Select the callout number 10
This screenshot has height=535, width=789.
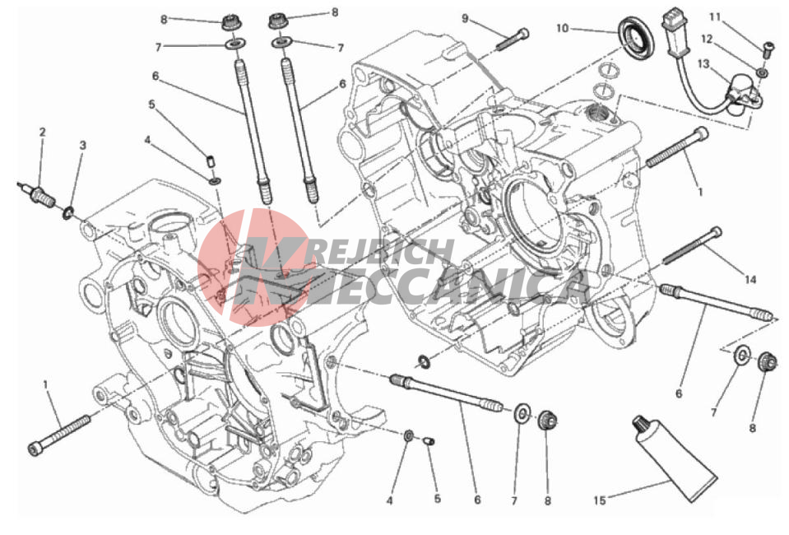(562, 28)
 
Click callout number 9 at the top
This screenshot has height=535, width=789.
(465, 19)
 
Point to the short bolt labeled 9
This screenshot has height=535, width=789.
(513, 39)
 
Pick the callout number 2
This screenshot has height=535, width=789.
(42, 132)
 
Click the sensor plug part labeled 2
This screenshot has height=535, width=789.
(38, 193)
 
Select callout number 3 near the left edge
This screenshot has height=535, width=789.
(82, 145)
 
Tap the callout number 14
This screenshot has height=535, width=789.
(750, 279)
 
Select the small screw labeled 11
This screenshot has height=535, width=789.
(766, 49)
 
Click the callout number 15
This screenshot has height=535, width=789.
(599, 500)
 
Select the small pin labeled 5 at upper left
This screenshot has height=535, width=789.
(211, 161)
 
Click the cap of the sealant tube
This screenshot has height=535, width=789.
(641, 426)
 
